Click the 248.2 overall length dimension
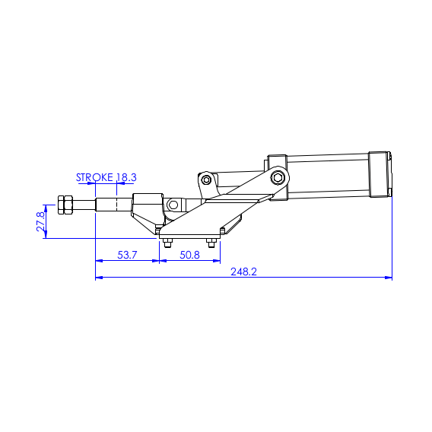pos(243,272)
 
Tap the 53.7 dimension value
pos(127,255)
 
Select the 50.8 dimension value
pos(189,255)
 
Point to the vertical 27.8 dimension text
pos(40,221)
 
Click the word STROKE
pos(94,177)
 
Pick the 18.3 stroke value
pos(126,177)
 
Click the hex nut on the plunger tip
pos(65,205)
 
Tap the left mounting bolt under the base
pos(167,243)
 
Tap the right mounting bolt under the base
pos(211,243)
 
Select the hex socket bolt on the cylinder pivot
pos(277,178)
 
